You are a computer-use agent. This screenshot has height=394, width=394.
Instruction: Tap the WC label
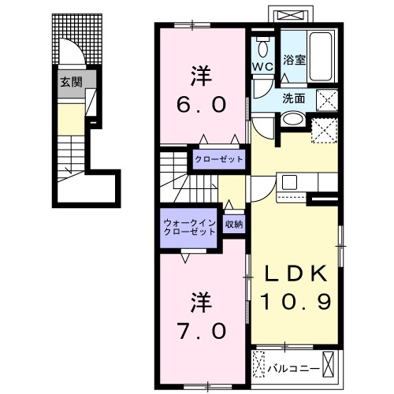(262, 67)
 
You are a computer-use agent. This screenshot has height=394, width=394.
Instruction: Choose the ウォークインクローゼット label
(190, 228)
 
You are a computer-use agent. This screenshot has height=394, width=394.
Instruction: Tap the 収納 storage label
(233, 224)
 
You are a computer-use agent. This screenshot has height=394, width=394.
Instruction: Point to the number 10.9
(295, 302)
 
